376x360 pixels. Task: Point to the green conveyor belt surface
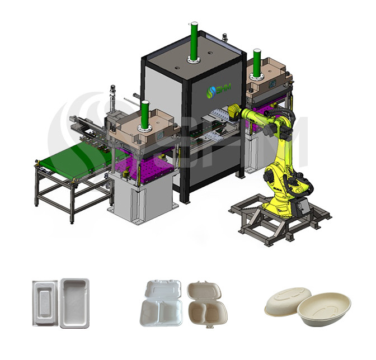coord(73,151)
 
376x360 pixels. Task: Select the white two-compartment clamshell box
coord(161,302)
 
